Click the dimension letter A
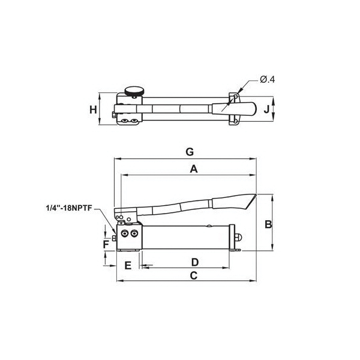194,169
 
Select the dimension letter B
269,224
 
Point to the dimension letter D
194,262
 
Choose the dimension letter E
127,265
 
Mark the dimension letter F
105,244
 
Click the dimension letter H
93,110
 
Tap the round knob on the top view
134,92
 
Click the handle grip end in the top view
245,109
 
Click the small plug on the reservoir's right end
238,238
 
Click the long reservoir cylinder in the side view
187,237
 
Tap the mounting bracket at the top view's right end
234,109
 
